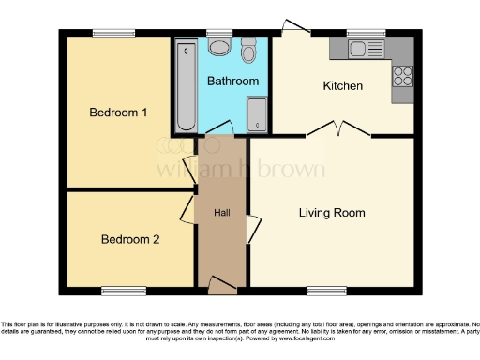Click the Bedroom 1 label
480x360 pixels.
coord(118,113)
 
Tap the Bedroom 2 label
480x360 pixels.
coord(129,239)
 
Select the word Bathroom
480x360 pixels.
coord(232,82)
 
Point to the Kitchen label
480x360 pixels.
coord(343,86)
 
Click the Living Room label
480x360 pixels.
coord(332,213)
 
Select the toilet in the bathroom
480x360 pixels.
coord(248,52)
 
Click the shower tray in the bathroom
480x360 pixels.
coord(257,115)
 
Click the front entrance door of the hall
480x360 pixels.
coord(222,284)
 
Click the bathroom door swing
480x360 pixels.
coord(221,127)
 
